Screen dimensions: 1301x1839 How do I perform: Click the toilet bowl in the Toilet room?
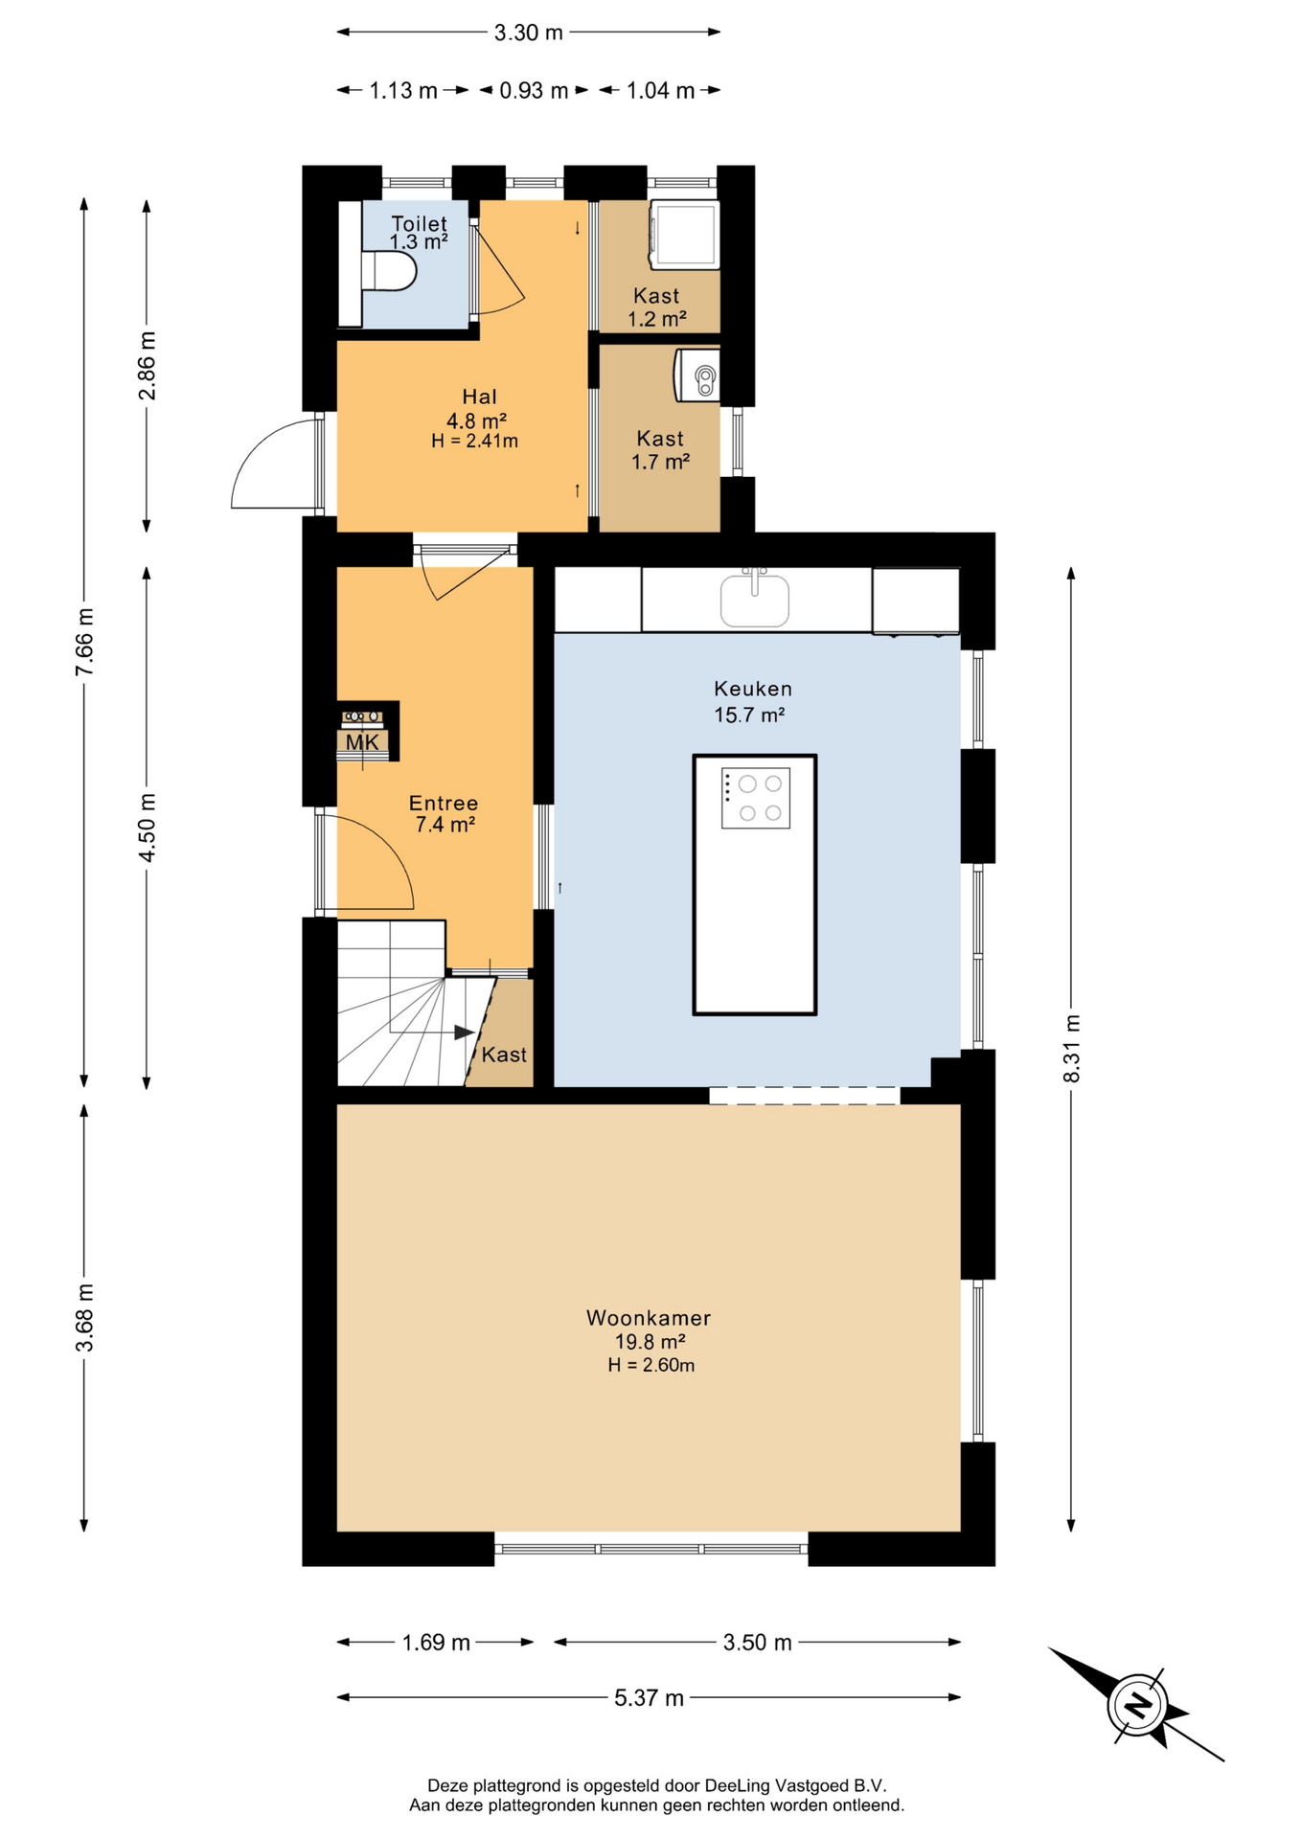pyautogui.click(x=390, y=271)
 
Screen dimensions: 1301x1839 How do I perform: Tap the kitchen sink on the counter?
pyautogui.click(x=755, y=599)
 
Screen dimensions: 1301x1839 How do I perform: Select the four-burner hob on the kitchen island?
pyautogui.click(x=756, y=798)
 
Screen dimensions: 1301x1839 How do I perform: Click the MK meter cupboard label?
pyautogui.click(x=362, y=742)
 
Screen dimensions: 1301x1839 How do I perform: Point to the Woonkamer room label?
pyautogui.click(x=649, y=1318)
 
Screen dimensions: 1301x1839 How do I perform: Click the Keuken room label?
pyautogui.click(x=753, y=689)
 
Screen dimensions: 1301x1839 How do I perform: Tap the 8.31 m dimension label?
pyautogui.click(x=1072, y=1049)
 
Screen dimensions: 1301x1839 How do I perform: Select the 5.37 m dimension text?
pyautogui.click(x=650, y=1698)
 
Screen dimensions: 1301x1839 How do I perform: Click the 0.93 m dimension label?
pyautogui.click(x=535, y=90)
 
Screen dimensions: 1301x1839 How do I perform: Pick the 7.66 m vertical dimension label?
pyautogui.click(x=84, y=642)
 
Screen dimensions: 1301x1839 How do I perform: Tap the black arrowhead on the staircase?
pyautogui.click(x=465, y=1033)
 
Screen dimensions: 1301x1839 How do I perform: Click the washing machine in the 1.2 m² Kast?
pyautogui.click(x=684, y=235)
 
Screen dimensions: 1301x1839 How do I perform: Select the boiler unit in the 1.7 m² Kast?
pyautogui.click(x=697, y=375)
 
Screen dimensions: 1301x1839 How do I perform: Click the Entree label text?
pyautogui.click(x=444, y=804)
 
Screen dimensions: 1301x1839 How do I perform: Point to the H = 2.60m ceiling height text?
pyautogui.click(x=651, y=1365)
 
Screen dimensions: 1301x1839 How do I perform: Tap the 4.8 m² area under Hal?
pyautogui.click(x=476, y=420)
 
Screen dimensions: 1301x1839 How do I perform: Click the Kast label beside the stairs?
pyautogui.click(x=504, y=1055)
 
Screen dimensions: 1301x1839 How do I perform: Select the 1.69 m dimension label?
pyautogui.click(x=436, y=1643)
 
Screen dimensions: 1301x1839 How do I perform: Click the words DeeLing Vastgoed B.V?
pyautogui.click(x=796, y=1785)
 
